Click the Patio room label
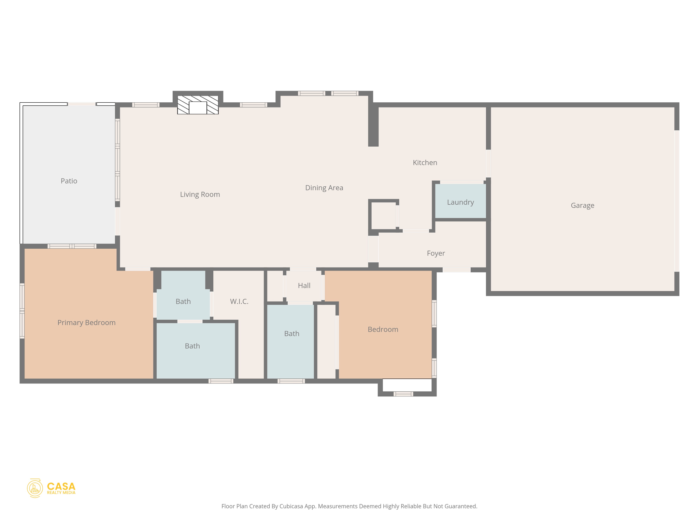pyautogui.click(x=69, y=181)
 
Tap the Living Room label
pyautogui.click(x=200, y=194)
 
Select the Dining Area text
pyautogui.click(x=324, y=188)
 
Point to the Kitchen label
pyautogui.click(x=425, y=163)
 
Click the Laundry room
pyautogui.click(x=460, y=202)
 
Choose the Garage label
pyautogui.click(x=582, y=205)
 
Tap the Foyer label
pyautogui.click(x=436, y=253)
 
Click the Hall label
pyautogui.click(x=304, y=286)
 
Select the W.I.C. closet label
pyautogui.click(x=239, y=301)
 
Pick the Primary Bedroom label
pyautogui.click(x=86, y=322)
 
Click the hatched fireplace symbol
pyautogui.click(x=198, y=105)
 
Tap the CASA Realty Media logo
pyautogui.click(x=51, y=488)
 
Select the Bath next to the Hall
pyautogui.click(x=291, y=333)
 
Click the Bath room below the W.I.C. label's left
pyautogui.click(x=192, y=346)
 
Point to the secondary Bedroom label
pyautogui.click(x=383, y=329)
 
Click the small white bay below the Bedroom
pyautogui.click(x=407, y=385)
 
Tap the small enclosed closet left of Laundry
pyautogui.click(x=383, y=216)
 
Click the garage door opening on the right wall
pyautogui.click(x=676, y=201)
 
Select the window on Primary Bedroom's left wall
pyautogui.click(x=22, y=311)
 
